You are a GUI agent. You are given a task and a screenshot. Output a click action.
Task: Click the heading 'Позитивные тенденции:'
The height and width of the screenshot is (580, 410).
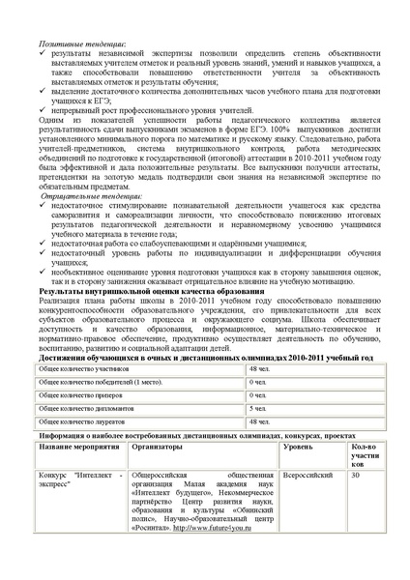82,43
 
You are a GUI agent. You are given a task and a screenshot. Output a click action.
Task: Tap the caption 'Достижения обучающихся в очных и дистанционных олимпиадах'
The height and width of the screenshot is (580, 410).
193,358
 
